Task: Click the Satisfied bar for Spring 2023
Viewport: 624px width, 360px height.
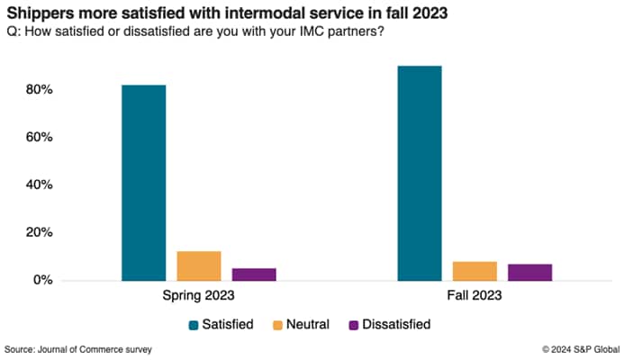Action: pos(144,183)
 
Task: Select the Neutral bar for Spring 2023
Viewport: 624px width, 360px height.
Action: pos(199,265)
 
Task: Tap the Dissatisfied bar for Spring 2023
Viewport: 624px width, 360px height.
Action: pos(254,274)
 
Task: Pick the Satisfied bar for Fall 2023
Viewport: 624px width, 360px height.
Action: pos(420,173)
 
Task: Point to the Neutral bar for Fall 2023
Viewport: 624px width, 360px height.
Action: pos(475,271)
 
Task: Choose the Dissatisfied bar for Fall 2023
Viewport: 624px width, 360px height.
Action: pos(529,272)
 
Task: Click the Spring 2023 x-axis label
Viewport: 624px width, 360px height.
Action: pos(199,295)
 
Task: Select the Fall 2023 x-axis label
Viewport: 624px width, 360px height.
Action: pos(475,295)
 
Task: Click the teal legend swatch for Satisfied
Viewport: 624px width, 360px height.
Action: pos(194,324)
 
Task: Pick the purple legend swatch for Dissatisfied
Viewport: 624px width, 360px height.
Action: pos(353,324)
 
